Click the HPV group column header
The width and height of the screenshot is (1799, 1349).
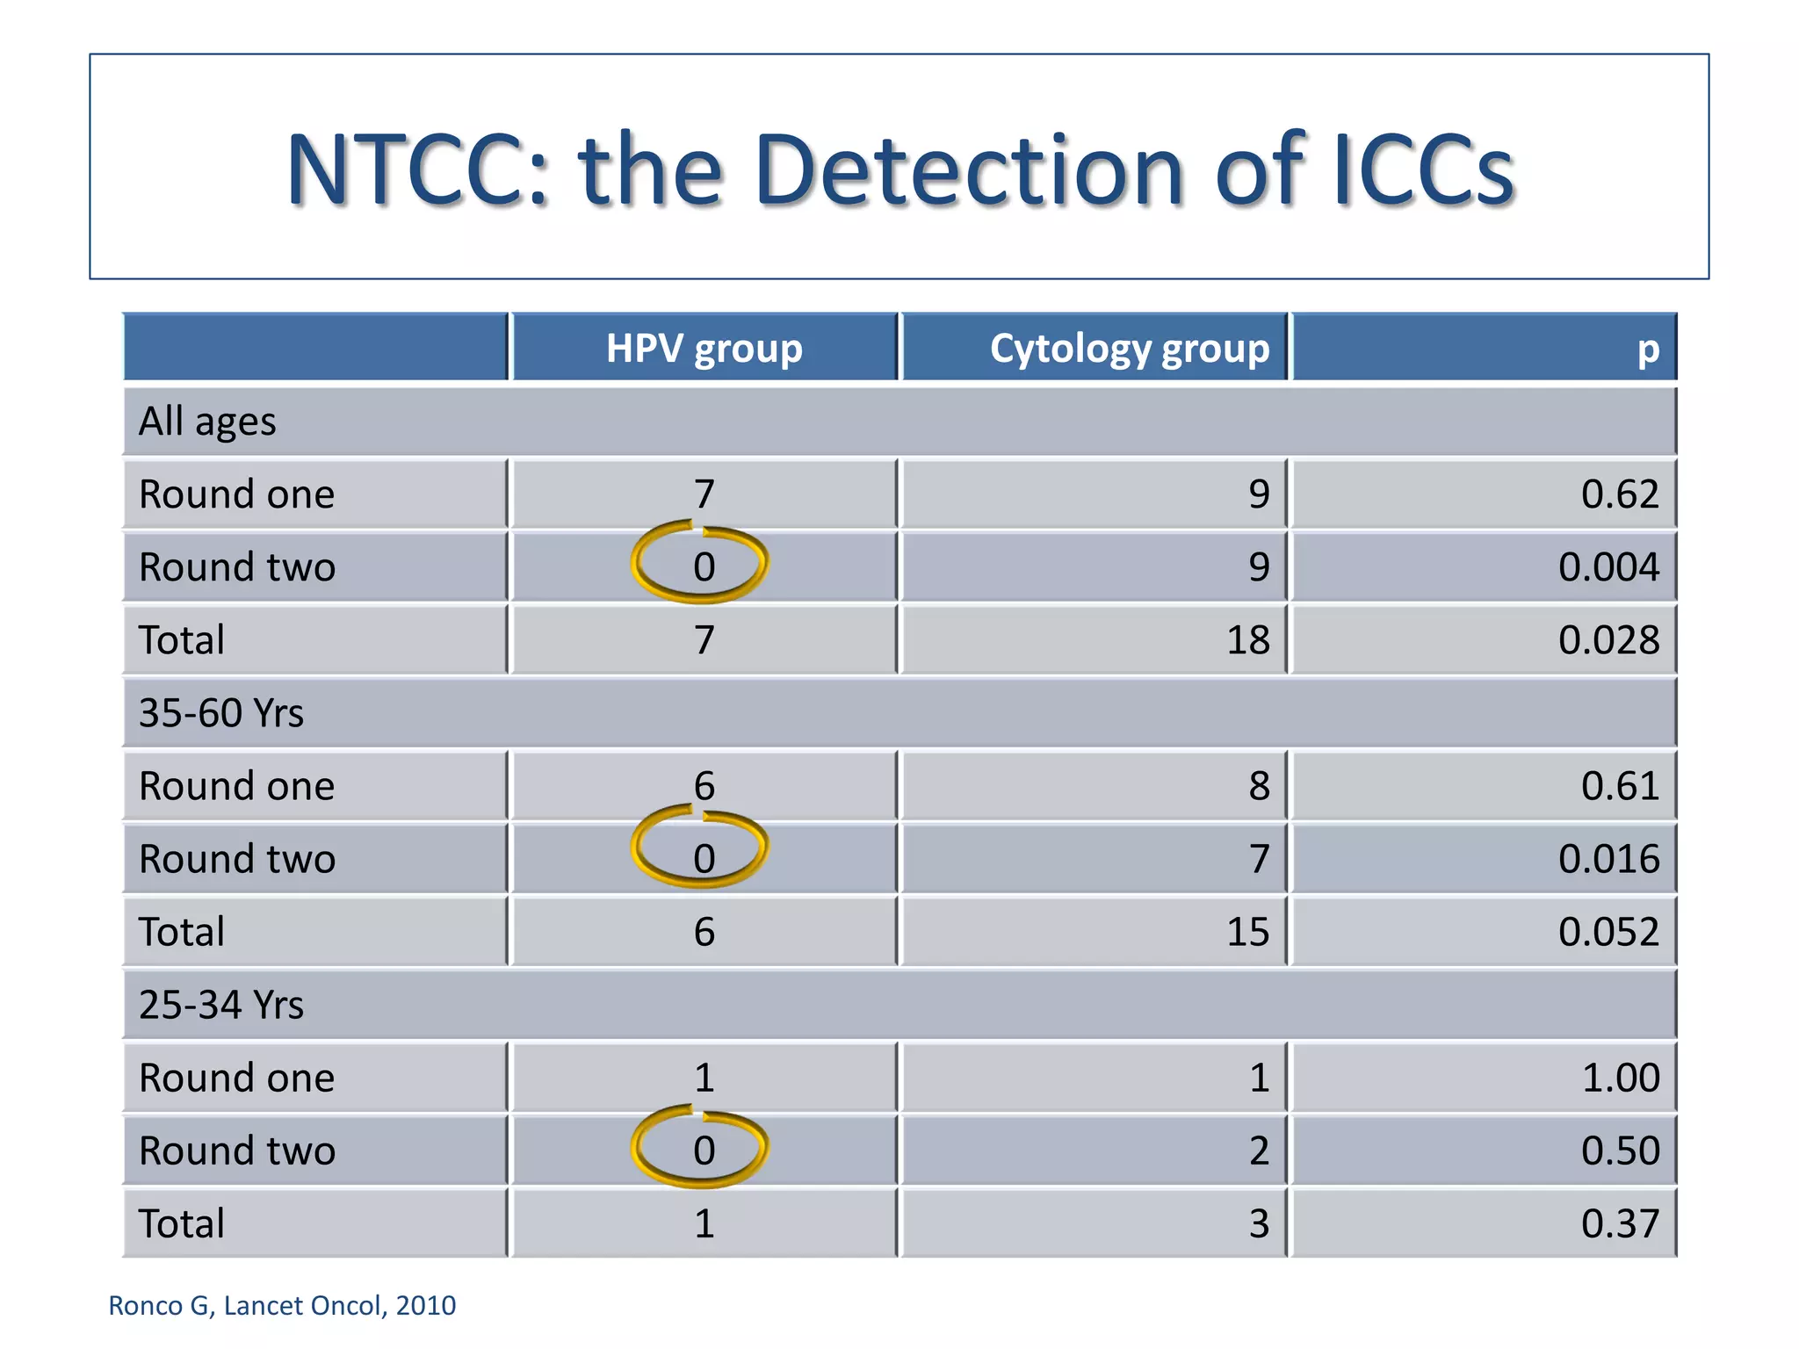point(704,349)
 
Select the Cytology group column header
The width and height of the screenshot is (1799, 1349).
point(1129,349)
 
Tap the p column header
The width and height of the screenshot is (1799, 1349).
point(1647,349)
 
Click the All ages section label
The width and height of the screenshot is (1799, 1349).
point(207,422)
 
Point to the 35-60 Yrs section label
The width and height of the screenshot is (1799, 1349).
point(221,712)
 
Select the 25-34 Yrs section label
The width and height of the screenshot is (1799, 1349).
point(221,1004)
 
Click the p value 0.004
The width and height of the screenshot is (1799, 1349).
point(1608,566)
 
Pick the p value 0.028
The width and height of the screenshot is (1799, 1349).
point(1608,639)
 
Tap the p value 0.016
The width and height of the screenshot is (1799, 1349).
point(1608,858)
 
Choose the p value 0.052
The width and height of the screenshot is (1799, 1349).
point(1608,931)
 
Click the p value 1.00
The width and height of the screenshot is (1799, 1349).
point(1620,1077)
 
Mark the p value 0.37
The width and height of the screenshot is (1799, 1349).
point(1620,1223)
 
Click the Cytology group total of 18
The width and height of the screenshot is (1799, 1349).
point(1247,639)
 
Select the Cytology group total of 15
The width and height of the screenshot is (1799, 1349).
point(1247,931)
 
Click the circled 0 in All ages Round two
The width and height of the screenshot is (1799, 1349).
point(704,566)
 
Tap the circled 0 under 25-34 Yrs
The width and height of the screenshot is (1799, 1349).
point(704,1150)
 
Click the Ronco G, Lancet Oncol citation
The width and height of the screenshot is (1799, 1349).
point(282,1305)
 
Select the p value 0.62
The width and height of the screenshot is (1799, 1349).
point(1620,494)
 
